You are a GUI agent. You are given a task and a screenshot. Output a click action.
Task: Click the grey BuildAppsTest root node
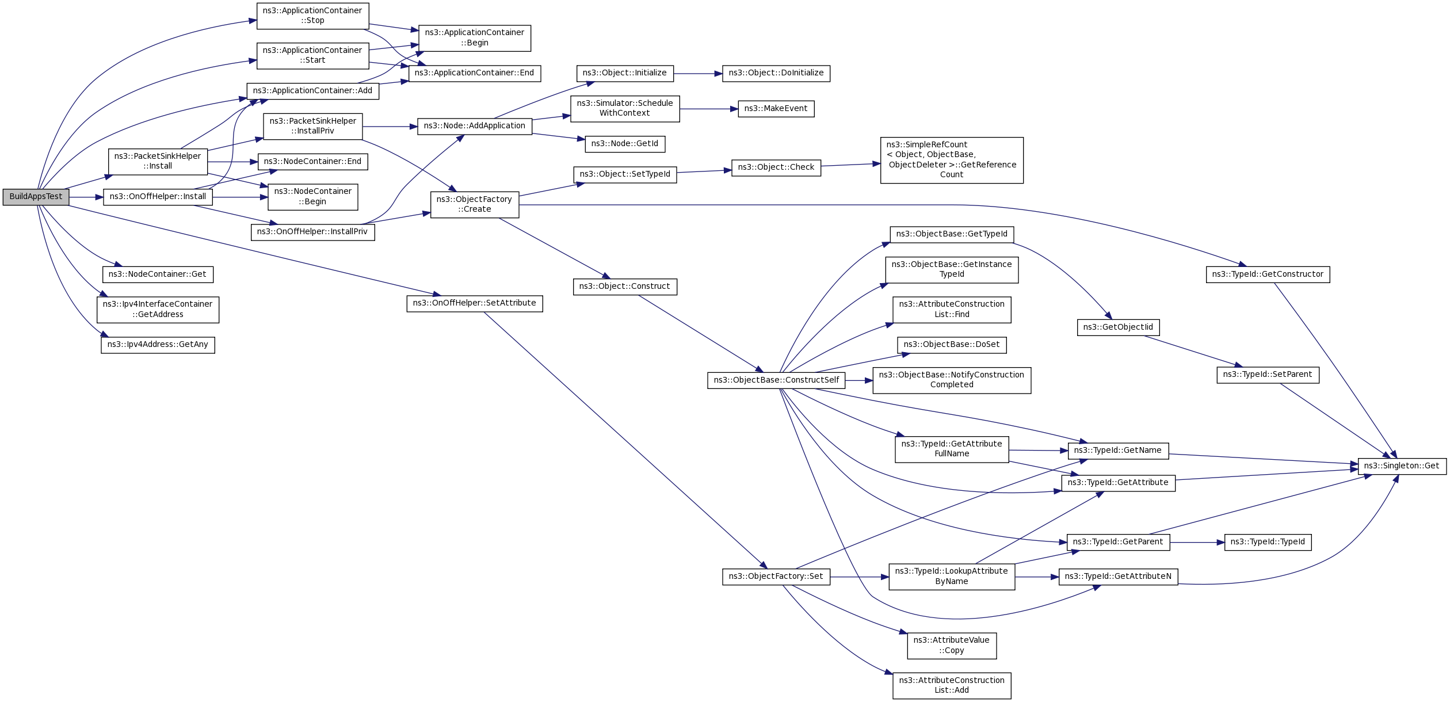(36, 197)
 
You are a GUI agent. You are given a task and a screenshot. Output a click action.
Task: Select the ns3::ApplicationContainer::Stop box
(312, 16)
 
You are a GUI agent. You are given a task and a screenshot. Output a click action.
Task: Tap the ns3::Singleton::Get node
(1402, 466)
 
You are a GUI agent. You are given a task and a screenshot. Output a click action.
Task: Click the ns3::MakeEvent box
(776, 109)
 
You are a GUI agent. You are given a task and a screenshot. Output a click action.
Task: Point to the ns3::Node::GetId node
(625, 144)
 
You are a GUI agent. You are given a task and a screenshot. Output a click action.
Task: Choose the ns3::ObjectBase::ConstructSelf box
(776, 380)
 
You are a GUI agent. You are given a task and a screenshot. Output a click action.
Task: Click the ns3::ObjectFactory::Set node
(776, 577)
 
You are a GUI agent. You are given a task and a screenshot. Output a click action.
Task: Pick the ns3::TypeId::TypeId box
(1268, 542)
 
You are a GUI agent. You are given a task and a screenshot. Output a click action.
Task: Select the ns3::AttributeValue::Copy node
(952, 646)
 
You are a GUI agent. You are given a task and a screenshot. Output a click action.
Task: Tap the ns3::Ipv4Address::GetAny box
(158, 345)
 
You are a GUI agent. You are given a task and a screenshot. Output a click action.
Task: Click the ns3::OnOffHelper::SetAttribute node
(474, 303)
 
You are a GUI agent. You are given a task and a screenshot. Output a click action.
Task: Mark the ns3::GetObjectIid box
(1118, 327)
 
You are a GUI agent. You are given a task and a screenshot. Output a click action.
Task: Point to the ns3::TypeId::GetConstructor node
(1268, 274)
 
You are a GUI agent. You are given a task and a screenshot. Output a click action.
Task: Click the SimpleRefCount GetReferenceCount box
(952, 160)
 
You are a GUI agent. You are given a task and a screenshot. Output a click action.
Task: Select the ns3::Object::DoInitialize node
(776, 73)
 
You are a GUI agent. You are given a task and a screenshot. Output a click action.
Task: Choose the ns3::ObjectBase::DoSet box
(952, 345)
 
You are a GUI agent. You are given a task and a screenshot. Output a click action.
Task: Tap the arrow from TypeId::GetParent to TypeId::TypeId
(1197, 543)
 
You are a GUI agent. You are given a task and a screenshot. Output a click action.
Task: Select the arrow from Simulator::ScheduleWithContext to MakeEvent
(708, 109)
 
